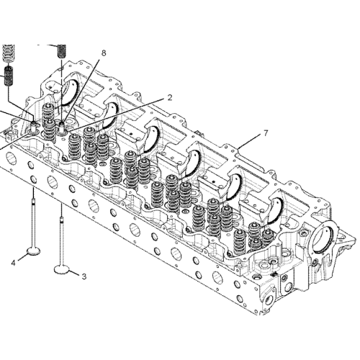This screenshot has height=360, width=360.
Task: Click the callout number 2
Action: [x=170, y=96]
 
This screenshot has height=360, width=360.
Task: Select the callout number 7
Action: [x=266, y=133]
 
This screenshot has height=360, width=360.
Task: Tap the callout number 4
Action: [x=13, y=263]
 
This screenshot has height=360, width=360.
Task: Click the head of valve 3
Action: [x=63, y=269]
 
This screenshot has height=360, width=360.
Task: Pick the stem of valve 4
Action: [x=33, y=216]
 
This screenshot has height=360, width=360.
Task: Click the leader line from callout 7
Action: [x=248, y=142]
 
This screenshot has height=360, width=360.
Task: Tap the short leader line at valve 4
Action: [x=21, y=259]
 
